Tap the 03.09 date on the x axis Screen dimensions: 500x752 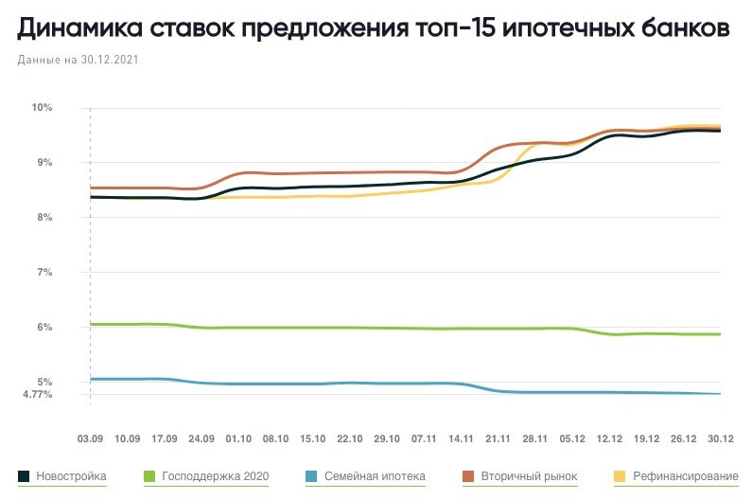tap(90, 439)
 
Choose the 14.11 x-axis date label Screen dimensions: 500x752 tap(461, 439)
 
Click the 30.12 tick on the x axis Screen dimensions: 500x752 tap(721, 439)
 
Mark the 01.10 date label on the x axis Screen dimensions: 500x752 tap(238, 439)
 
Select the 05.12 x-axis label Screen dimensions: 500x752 tap(572, 439)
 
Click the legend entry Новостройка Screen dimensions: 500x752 tap(71, 475)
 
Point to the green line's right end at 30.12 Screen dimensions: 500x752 tap(720, 334)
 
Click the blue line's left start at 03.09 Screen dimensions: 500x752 tap(91, 379)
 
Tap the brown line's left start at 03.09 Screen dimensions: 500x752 tap(91, 187)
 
